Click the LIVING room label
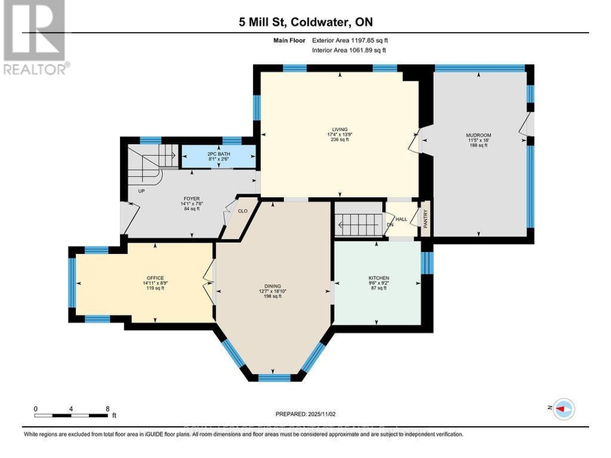click(x=340, y=129)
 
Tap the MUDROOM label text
click(x=476, y=135)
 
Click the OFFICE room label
click(x=155, y=278)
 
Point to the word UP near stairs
click(x=142, y=191)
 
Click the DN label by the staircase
click(x=389, y=224)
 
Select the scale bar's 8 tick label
click(x=107, y=408)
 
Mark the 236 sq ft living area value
click(x=340, y=140)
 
